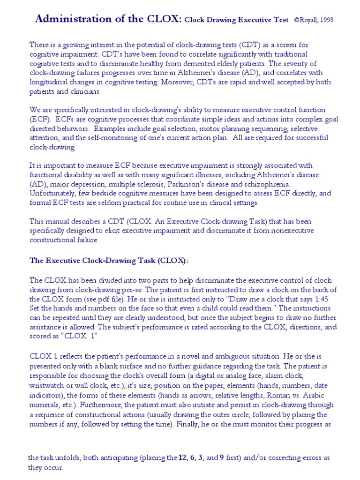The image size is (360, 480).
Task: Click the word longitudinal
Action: tap(51, 82)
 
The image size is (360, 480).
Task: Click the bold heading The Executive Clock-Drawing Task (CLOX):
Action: tap(109, 260)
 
